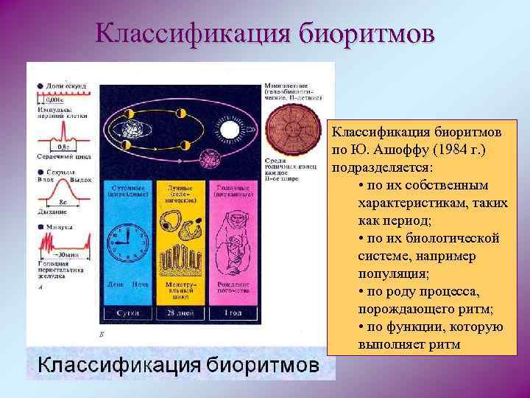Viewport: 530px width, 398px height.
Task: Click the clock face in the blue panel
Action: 127,244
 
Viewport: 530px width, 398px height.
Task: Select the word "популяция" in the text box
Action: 392,273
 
